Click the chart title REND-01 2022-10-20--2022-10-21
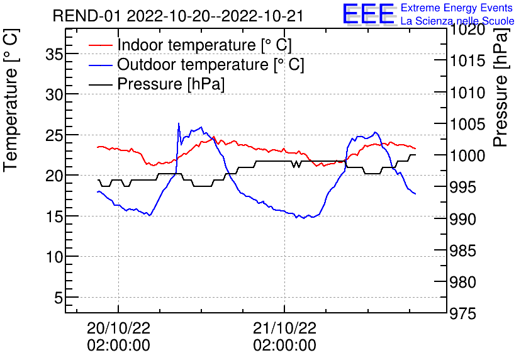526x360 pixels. tap(178, 16)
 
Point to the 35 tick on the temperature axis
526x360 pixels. tap(55, 54)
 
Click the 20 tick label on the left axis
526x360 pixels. tap(55, 176)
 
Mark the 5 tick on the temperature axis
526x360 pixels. tap(59, 297)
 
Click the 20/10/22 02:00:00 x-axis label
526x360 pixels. tap(118, 336)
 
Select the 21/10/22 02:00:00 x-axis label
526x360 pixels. tap(284, 336)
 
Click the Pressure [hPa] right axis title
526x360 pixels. tap(501, 100)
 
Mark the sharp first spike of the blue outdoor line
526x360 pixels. tap(179, 124)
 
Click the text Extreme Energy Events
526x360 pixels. tap(457, 8)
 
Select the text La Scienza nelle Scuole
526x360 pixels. tap(457, 21)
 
